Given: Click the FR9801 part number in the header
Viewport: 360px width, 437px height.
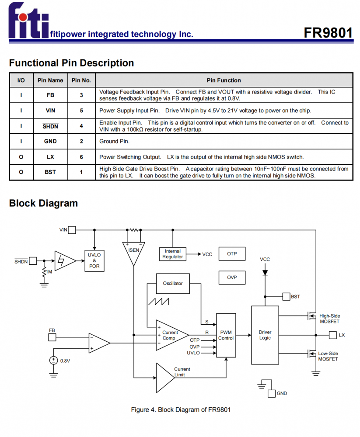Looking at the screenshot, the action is [328, 33].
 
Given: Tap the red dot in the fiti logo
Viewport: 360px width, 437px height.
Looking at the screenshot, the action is [23, 17].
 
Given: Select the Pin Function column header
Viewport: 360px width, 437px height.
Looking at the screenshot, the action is [224, 80].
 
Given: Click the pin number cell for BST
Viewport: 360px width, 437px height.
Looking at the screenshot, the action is [81, 172].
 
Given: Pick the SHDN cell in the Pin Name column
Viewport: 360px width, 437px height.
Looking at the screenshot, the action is [50, 126].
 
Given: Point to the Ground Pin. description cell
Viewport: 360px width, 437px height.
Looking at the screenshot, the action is [224, 141].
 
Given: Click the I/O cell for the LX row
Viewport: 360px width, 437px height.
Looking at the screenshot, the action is [21, 157].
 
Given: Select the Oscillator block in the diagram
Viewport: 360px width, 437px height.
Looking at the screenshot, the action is [173, 284].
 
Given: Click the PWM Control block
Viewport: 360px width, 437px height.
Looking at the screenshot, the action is [226, 335].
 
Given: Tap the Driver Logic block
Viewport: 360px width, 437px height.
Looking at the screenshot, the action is [265, 335].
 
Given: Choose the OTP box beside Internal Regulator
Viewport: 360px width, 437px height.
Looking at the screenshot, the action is [232, 253].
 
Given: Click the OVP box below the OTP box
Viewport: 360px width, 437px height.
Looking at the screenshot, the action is [232, 277].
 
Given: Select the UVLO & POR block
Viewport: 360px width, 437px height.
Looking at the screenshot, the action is [94, 261].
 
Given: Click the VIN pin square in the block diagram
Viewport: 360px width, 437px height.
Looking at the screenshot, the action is [72, 230].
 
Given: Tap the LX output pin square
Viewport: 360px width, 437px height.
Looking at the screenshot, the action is [332, 335].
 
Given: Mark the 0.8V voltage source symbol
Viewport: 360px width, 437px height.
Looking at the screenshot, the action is [53, 361].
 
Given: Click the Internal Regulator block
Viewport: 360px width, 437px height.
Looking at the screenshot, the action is [173, 254].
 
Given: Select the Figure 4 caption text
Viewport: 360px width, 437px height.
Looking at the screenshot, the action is [181, 410].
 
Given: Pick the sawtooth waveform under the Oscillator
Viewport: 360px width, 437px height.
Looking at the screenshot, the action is [158, 302].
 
